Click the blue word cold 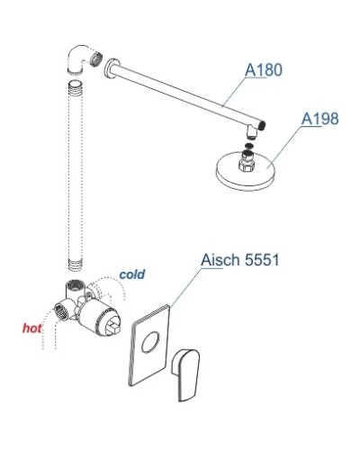pyautogui.click(x=131, y=273)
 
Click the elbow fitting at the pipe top pyautogui.click(x=81, y=59)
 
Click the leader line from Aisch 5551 pyautogui.click(x=176, y=292)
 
